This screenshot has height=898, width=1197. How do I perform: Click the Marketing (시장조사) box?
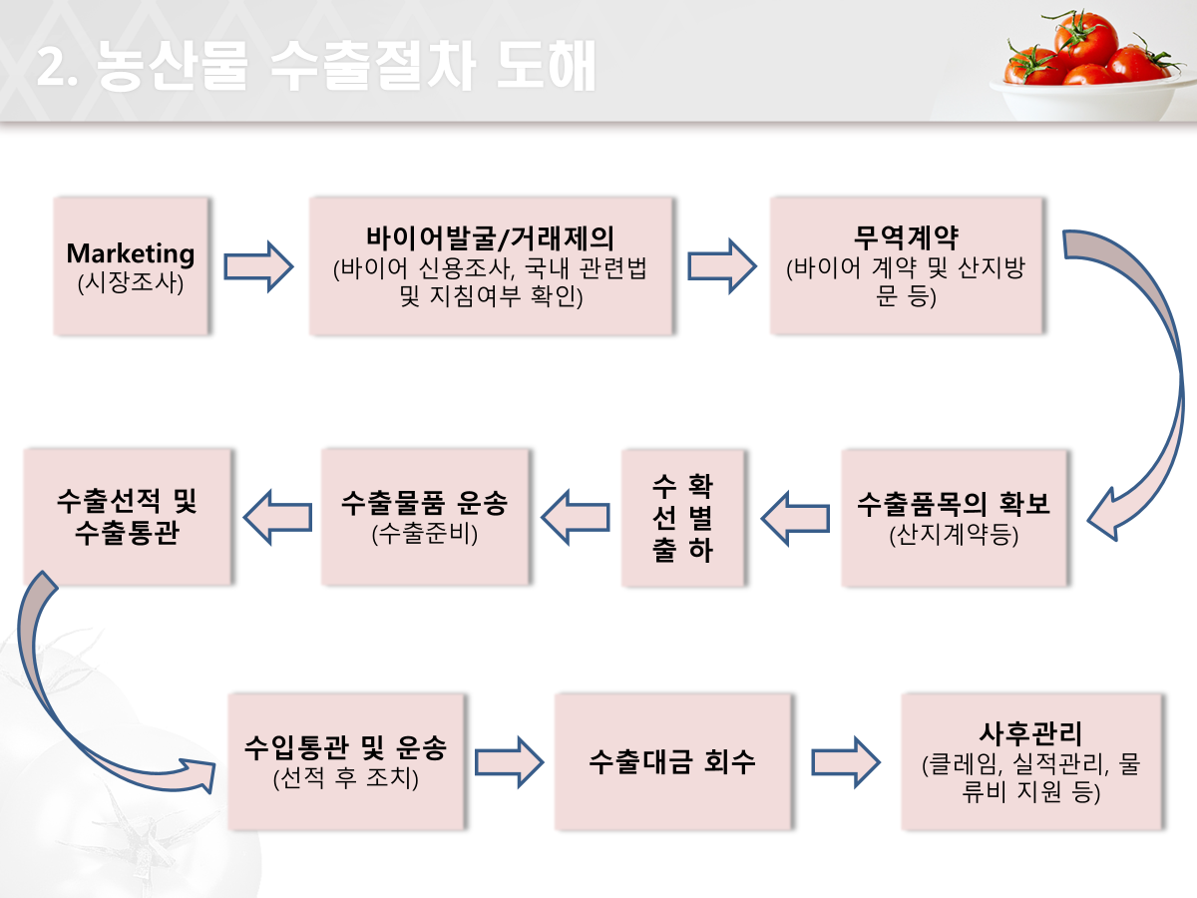(131, 265)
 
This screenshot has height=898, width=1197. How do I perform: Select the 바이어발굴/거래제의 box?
(491, 265)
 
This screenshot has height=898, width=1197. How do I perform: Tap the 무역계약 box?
(906, 265)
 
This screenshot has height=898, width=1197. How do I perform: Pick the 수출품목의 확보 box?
(954, 517)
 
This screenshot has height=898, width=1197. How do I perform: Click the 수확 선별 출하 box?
(682, 517)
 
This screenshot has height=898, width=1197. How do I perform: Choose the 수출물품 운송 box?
(425, 517)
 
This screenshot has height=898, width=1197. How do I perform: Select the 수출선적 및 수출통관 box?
(127, 517)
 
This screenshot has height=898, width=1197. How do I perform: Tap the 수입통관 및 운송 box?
(345, 761)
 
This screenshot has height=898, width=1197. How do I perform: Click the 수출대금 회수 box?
(673, 761)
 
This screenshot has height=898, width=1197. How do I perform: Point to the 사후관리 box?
(1031, 761)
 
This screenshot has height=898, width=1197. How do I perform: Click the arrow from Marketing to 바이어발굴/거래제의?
(258, 266)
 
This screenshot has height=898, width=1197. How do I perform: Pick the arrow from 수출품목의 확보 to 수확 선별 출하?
(795, 516)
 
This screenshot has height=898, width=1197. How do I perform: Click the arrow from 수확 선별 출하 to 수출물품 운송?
(576, 516)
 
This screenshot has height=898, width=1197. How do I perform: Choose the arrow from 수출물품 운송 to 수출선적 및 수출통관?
(277, 516)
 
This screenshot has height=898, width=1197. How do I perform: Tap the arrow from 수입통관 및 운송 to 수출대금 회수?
(509, 762)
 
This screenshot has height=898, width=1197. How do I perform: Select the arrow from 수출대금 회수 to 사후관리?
(846, 762)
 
